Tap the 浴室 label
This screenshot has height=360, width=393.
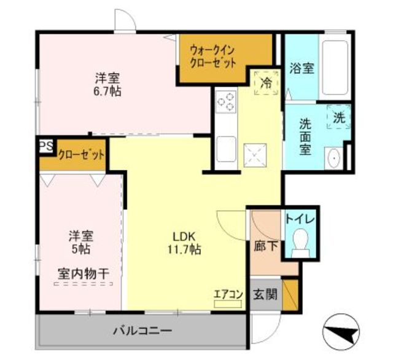coord(302,68)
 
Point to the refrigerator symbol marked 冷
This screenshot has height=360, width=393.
coord(267,82)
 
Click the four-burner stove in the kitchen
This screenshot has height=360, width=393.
coord(226,101)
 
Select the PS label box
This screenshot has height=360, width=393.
coord(45,146)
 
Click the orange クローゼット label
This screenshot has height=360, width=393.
coord(81,155)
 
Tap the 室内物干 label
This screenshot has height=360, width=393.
coord(80,272)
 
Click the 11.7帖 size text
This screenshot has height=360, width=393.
coord(182,250)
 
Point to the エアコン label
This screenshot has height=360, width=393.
coord(228,294)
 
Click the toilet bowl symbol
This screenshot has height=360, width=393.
coord(300,241)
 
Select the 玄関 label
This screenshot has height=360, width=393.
coord(265,294)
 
